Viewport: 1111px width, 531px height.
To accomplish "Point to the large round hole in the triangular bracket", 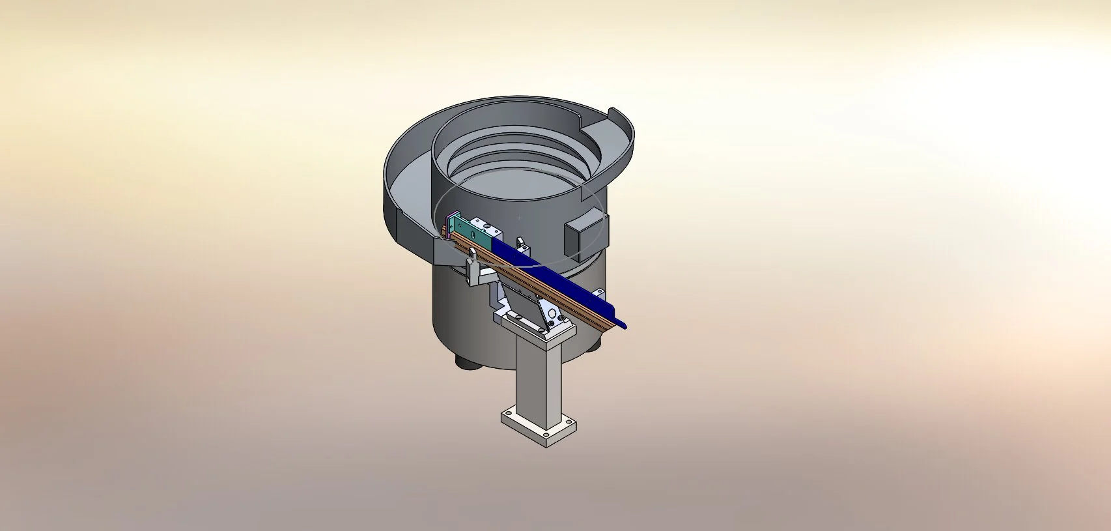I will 552,313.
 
